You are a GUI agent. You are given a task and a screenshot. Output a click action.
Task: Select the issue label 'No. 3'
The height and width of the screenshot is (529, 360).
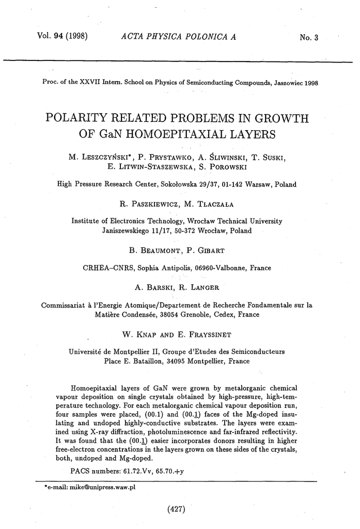pyautogui.click(x=311, y=37)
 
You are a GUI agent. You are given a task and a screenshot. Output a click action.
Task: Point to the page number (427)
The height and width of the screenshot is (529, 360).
pyautogui.click(x=177, y=510)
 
